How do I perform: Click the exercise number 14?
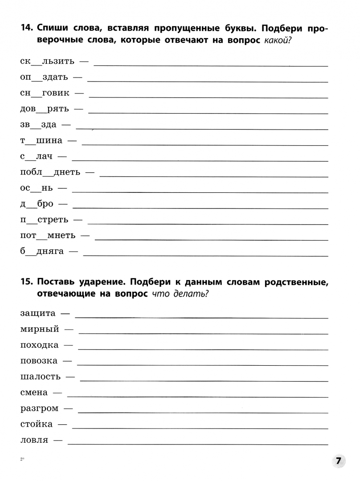click(27, 29)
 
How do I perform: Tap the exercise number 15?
click(27, 282)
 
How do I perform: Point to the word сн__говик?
click(45, 93)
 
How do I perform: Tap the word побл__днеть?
click(50, 172)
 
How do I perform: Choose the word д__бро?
click(37, 204)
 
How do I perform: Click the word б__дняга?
click(42, 252)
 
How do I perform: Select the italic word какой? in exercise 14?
click(280, 41)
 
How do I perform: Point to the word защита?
click(38, 313)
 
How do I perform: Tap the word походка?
click(39, 345)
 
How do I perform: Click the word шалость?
click(41, 377)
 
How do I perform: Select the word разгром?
click(39, 408)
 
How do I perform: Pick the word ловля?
click(34, 440)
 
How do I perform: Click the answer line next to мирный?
click(203, 333)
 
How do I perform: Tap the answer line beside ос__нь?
click(200, 192)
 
